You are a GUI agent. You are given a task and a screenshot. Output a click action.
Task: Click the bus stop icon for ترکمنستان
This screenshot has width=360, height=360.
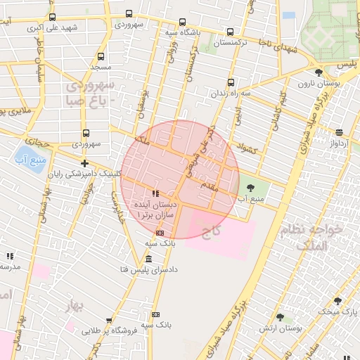click(231, 32)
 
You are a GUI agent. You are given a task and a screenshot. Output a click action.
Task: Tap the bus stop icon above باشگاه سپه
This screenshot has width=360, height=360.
click(183, 22)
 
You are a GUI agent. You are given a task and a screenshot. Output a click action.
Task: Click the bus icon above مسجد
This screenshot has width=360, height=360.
click(101, 56)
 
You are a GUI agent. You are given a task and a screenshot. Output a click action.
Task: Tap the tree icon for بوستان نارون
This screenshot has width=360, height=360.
click(319, 72)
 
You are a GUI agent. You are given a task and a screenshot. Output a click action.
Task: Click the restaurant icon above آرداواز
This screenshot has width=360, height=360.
click(340, 132)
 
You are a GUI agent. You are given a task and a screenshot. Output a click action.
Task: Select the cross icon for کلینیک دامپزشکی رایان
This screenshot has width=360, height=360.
click(85, 163)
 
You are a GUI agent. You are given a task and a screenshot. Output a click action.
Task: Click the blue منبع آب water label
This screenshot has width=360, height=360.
click(30, 159)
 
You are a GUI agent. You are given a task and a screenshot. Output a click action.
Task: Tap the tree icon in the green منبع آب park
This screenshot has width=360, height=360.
click(251, 187)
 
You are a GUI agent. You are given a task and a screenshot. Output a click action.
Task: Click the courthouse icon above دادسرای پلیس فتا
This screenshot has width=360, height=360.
click(148, 258)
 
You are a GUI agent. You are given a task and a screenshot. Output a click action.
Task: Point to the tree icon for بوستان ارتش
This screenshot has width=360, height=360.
click(280, 318)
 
